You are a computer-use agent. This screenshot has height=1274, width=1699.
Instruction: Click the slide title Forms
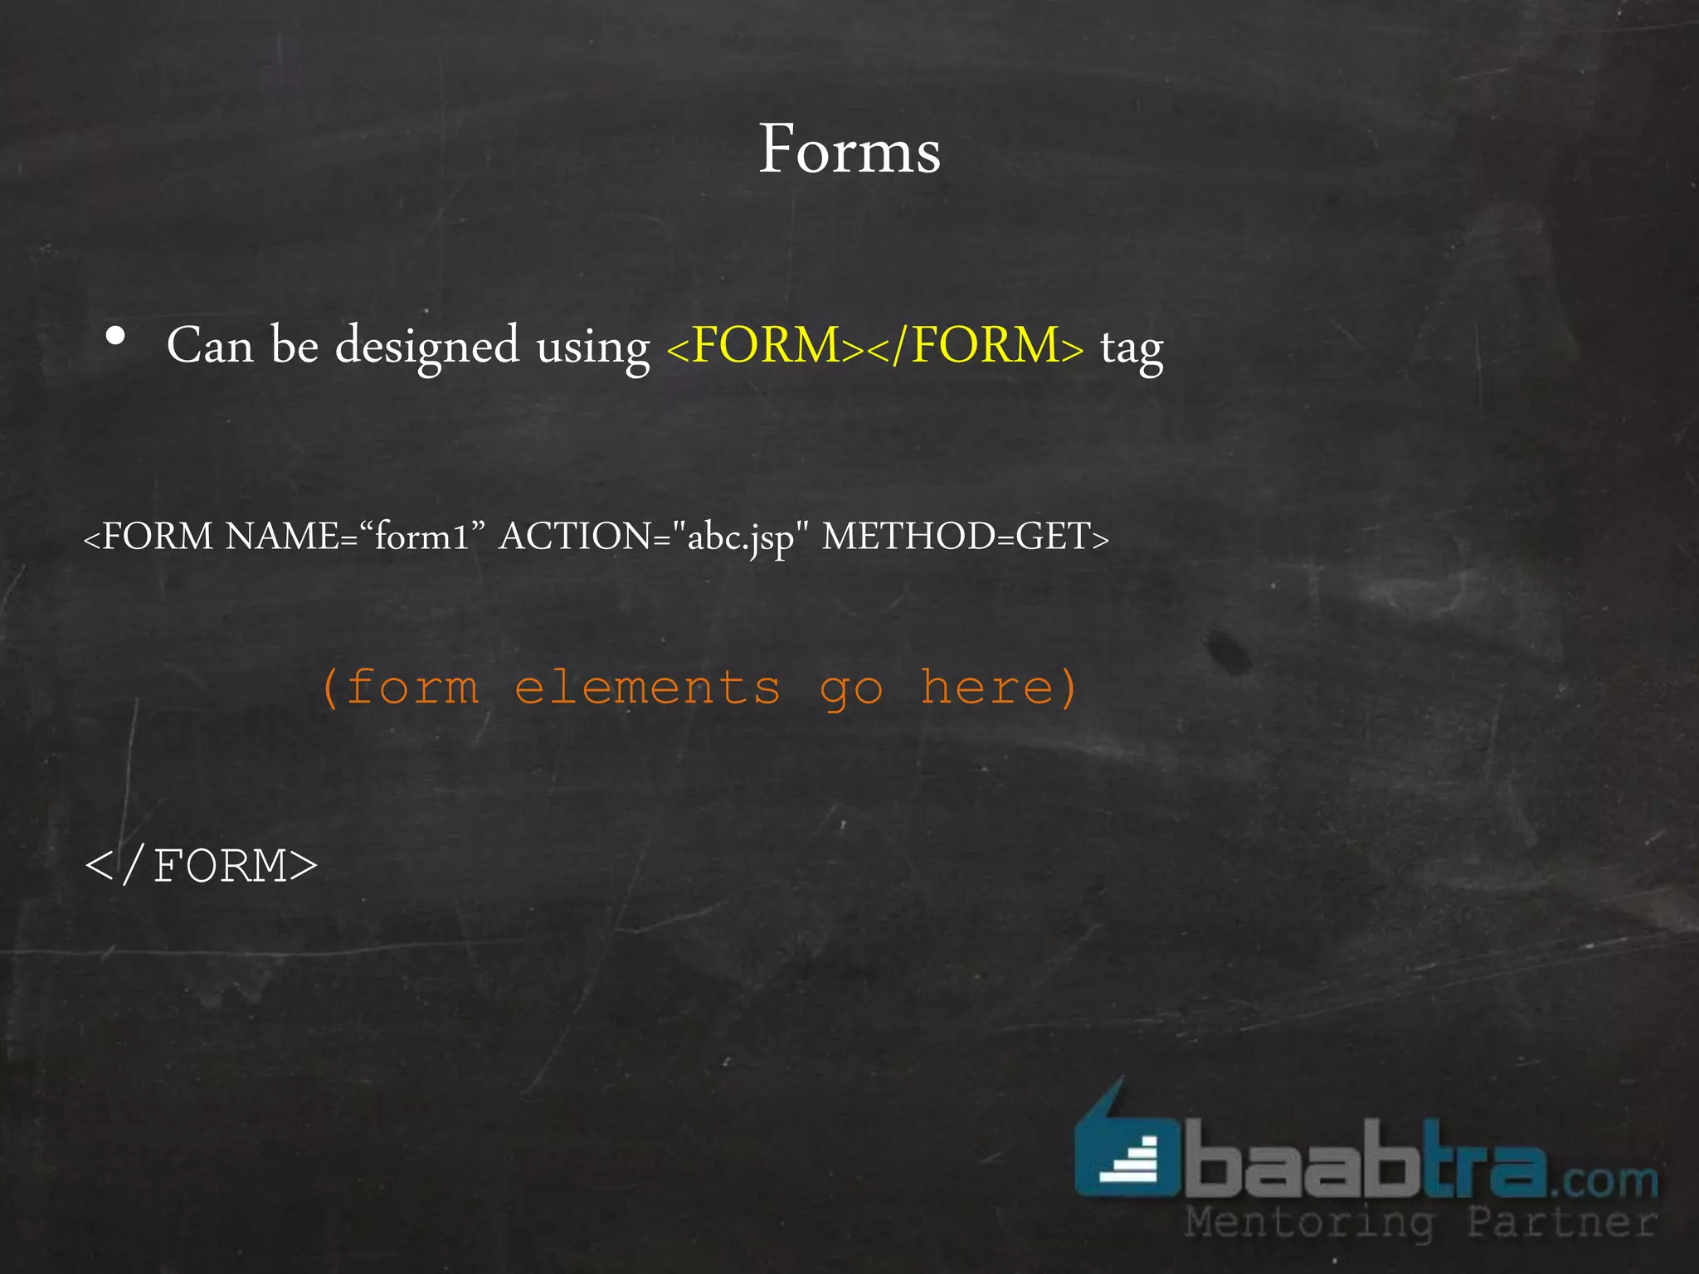(x=849, y=150)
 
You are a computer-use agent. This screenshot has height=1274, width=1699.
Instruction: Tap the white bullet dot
(x=116, y=336)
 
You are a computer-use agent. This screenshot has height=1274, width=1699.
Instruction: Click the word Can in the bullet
(x=210, y=345)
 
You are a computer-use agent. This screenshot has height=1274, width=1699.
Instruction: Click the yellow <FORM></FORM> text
(x=874, y=345)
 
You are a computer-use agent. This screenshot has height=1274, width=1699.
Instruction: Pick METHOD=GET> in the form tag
(x=965, y=537)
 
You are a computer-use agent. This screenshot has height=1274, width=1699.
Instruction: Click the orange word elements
(x=648, y=688)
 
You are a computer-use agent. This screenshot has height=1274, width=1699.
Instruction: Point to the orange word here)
(x=999, y=688)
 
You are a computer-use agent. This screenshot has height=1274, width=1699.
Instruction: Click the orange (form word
(x=400, y=688)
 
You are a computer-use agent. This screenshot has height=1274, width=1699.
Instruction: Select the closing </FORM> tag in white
(x=202, y=866)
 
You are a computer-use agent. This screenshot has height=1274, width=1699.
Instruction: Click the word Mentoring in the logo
(x=1309, y=1223)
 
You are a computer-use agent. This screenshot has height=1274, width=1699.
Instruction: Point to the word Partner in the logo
(x=1562, y=1223)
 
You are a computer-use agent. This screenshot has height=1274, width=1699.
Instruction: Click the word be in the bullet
(x=295, y=345)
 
